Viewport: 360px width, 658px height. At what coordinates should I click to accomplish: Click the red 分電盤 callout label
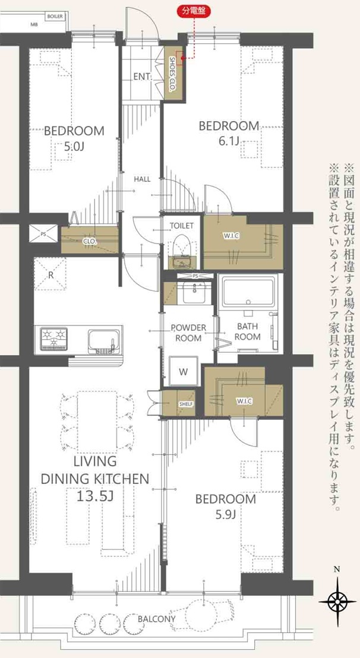pyautogui.click(x=193, y=12)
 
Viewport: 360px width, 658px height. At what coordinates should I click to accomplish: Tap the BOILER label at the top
pyautogui.click(x=55, y=17)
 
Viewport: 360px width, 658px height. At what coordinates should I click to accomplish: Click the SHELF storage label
pyautogui.click(x=186, y=404)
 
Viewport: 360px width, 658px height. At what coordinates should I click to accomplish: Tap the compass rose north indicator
pyautogui.click(x=337, y=602)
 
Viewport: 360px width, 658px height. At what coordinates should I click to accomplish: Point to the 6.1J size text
pyautogui.click(x=229, y=141)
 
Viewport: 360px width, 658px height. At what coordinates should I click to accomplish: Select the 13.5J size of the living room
pyautogui.click(x=95, y=496)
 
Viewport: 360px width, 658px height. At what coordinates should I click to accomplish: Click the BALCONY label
pyautogui.click(x=156, y=619)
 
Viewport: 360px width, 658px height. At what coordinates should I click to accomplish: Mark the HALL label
pyautogui.click(x=142, y=179)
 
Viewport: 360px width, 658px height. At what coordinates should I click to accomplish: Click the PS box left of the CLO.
pyautogui.click(x=43, y=234)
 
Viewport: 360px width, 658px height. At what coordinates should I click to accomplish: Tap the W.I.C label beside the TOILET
pyautogui.click(x=231, y=236)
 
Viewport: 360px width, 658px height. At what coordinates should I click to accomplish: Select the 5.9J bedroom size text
pyautogui.click(x=226, y=514)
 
